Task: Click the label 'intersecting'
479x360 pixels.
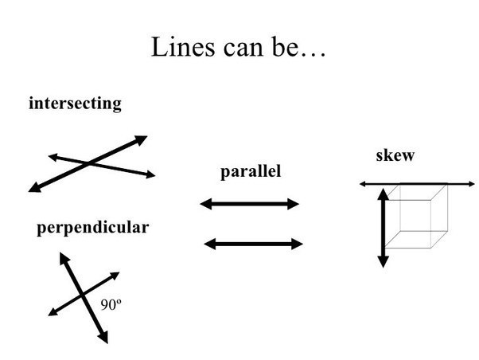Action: pyautogui.click(x=75, y=104)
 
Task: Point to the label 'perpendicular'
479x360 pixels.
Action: pyautogui.click(x=92, y=228)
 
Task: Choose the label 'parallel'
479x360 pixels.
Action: pyautogui.click(x=251, y=171)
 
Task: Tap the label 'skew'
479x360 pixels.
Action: pyautogui.click(x=395, y=155)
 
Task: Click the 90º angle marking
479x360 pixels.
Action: pyautogui.click(x=111, y=303)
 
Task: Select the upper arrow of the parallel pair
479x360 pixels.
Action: pyautogui.click(x=249, y=204)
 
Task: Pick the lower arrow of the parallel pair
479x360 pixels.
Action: pyautogui.click(x=253, y=244)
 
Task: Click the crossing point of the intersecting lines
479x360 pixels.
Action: pyautogui.click(x=89, y=163)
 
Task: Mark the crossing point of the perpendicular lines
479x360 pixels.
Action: pyautogui.click(x=84, y=295)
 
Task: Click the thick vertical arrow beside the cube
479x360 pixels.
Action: pyautogui.click(x=383, y=227)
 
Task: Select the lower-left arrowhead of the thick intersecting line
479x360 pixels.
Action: pyautogui.click(x=33, y=189)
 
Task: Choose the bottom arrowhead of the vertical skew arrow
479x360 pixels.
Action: pyautogui.click(x=383, y=261)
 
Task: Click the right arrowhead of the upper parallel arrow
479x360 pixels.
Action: pyautogui.click(x=294, y=204)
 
